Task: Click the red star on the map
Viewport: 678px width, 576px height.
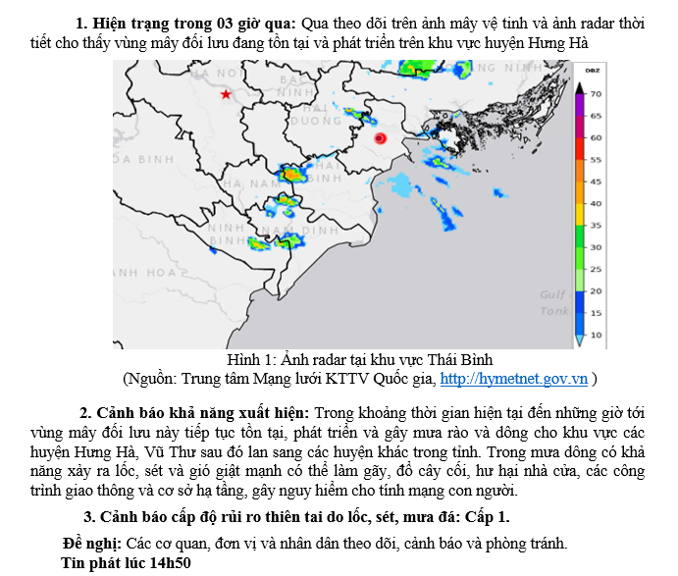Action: point(226,94)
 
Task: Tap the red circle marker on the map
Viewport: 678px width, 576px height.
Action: point(381,139)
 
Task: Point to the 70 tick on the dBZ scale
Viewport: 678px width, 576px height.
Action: point(596,93)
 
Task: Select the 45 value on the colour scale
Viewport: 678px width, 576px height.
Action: point(596,182)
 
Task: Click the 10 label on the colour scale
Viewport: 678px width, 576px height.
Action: point(596,336)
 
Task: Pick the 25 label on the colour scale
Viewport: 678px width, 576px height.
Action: point(596,269)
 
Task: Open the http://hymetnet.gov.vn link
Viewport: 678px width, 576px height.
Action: point(514,378)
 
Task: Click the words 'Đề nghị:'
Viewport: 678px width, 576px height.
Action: point(91,543)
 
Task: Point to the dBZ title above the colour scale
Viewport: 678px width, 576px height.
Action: point(593,71)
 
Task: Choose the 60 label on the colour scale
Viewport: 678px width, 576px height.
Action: point(596,137)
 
